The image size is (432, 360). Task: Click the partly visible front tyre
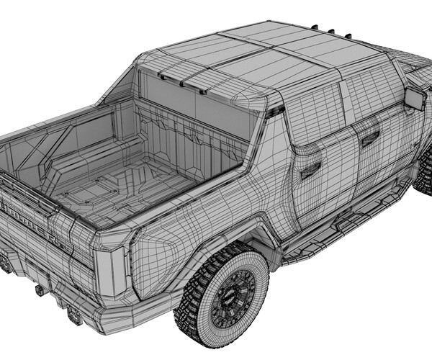[x=423, y=176]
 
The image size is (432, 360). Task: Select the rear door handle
[x=311, y=170]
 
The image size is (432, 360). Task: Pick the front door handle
[x=370, y=139]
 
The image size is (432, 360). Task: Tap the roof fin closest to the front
[x=349, y=37]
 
